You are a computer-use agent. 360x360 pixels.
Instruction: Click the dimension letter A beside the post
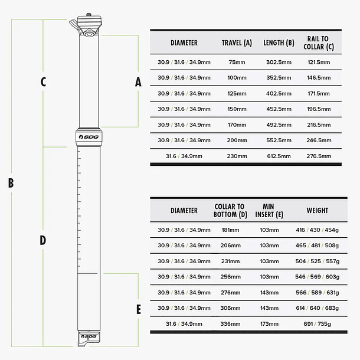tap(138, 82)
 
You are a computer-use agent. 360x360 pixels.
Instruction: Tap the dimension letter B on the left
tap(11, 183)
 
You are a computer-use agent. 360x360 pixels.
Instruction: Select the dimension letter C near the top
tap(43, 82)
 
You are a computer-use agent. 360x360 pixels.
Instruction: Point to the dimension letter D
tap(43, 240)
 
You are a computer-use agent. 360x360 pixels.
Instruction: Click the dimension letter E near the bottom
tap(138, 309)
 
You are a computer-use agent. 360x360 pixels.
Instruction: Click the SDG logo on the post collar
tap(87, 136)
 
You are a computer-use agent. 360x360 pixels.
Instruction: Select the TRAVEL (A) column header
tap(236, 43)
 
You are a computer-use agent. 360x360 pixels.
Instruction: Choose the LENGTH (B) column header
tap(278, 43)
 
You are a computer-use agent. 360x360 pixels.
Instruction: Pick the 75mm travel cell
tap(236, 62)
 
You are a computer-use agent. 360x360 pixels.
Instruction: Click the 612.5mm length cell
tap(278, 156)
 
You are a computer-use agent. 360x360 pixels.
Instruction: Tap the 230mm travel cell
tap(236, 156)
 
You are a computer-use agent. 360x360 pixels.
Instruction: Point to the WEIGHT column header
tap(317, 211)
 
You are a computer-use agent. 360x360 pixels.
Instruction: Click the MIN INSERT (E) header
tap(273, 211)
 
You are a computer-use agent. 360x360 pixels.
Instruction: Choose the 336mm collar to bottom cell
tap(230, 324)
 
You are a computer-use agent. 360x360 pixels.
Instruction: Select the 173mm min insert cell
tap(273, 324)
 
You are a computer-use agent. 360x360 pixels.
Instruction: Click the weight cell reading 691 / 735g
tap(317, 324)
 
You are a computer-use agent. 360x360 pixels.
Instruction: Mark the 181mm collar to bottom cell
tap(230, 230)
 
